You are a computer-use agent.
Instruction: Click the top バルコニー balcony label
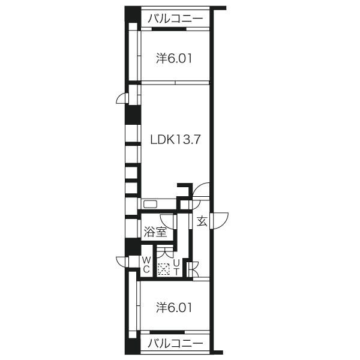coord(175,19)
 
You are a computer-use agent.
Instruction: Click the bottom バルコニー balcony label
coord(175,344)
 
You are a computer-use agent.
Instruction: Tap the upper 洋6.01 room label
coord(174,58)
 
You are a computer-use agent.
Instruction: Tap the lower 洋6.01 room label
coord(174,308)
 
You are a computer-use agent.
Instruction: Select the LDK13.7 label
coord(175,139)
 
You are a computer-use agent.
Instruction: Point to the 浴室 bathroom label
coord(155,232)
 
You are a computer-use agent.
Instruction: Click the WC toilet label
coord(146,265)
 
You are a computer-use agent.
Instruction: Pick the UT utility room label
coord(176,267)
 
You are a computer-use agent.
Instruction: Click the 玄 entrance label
coord(202,221)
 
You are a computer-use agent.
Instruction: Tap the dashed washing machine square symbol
coord(163,269)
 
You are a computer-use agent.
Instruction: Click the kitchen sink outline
coord(150,204)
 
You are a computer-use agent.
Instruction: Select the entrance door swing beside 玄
coord(219,221)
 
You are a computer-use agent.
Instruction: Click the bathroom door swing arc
coord(168,222)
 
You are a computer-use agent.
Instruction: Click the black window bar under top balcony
coord(169,29)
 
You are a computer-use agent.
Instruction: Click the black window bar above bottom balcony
coord(167,332)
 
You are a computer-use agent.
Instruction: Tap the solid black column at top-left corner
coord(133,14)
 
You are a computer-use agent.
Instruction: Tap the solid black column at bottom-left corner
coord(132,346)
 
